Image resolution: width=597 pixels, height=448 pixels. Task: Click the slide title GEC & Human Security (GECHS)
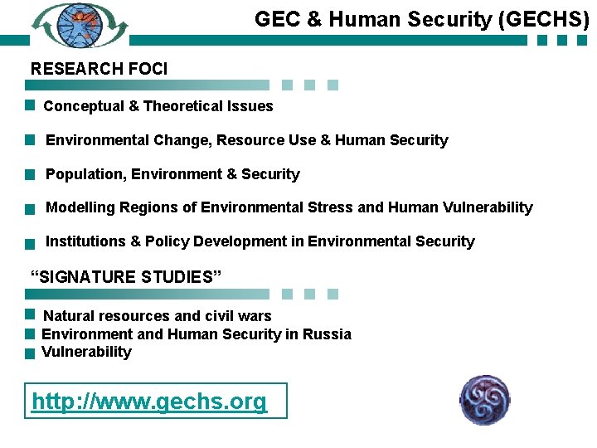click(421, 19)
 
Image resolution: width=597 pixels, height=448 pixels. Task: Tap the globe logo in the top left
click(80, 26)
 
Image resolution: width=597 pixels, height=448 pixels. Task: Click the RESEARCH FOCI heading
click(99, 69)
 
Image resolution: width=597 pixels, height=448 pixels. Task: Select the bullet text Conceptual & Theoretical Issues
click(158, 106)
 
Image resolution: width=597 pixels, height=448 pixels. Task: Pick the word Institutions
click(85, 241)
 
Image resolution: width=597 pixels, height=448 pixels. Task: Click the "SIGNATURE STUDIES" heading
click(126, 277)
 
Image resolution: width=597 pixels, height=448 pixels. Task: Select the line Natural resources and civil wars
click(157, 316)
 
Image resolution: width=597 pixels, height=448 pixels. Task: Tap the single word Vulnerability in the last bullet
click(86, 352)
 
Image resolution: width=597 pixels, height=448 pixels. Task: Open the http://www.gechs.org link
click(149, 402)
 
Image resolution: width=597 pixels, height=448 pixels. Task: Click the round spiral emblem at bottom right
click(485, 400)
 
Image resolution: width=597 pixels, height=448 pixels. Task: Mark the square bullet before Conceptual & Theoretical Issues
click(29, 105)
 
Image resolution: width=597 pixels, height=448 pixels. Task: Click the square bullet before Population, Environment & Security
click(29, 175)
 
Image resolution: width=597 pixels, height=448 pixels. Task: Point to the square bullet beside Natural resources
click(29, 315)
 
